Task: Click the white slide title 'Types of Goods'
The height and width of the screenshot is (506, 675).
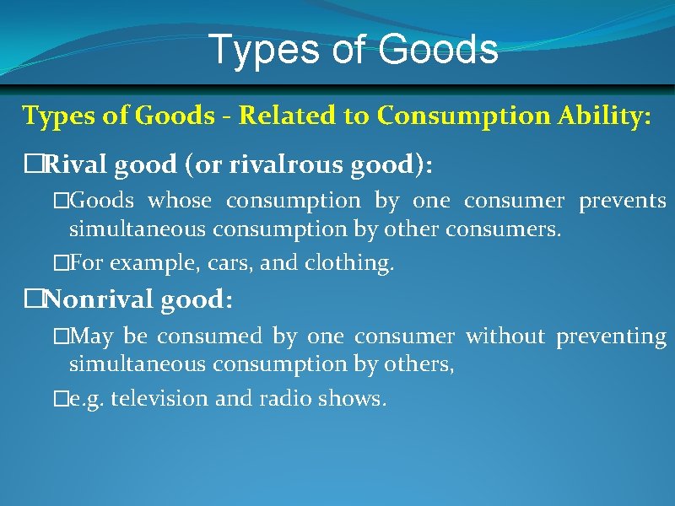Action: coord(353,50)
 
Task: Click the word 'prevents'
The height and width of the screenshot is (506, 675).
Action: coord(622,202)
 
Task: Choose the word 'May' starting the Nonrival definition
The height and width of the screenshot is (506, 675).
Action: coord(93,336)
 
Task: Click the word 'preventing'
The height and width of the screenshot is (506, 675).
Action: coord(611,337)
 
